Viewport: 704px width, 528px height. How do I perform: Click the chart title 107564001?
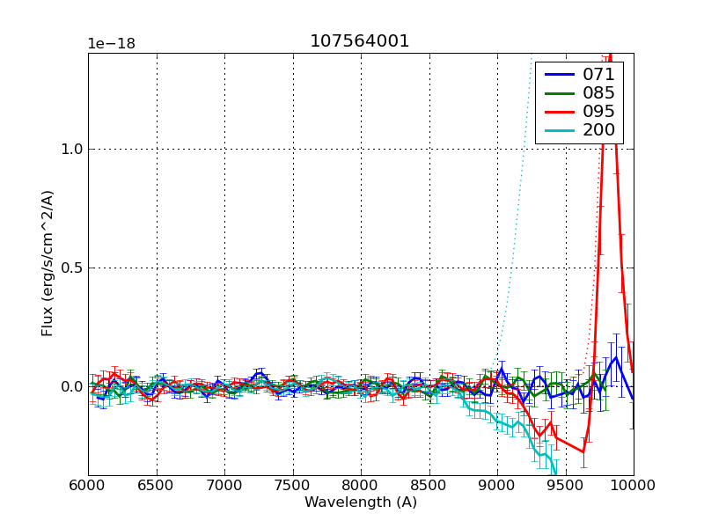coord(360,41)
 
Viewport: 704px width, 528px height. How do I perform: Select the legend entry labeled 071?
coord(598,74)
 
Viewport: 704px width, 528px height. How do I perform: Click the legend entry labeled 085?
coord(598,92)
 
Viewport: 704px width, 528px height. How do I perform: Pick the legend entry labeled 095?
coord(598,112)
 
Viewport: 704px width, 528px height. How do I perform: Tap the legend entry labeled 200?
coord(598,131)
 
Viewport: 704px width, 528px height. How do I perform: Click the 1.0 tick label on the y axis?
coord(71,149)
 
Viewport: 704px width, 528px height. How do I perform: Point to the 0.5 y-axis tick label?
coord(71,268)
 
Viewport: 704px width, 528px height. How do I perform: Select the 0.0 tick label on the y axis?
coord(71,386)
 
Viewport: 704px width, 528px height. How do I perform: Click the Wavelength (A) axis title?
coord(361,502)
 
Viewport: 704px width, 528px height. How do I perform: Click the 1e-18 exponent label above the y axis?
coord(111,43)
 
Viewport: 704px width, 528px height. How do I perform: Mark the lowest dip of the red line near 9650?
coord(583,452)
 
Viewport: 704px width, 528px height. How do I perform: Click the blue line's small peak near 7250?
coord(260,372)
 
